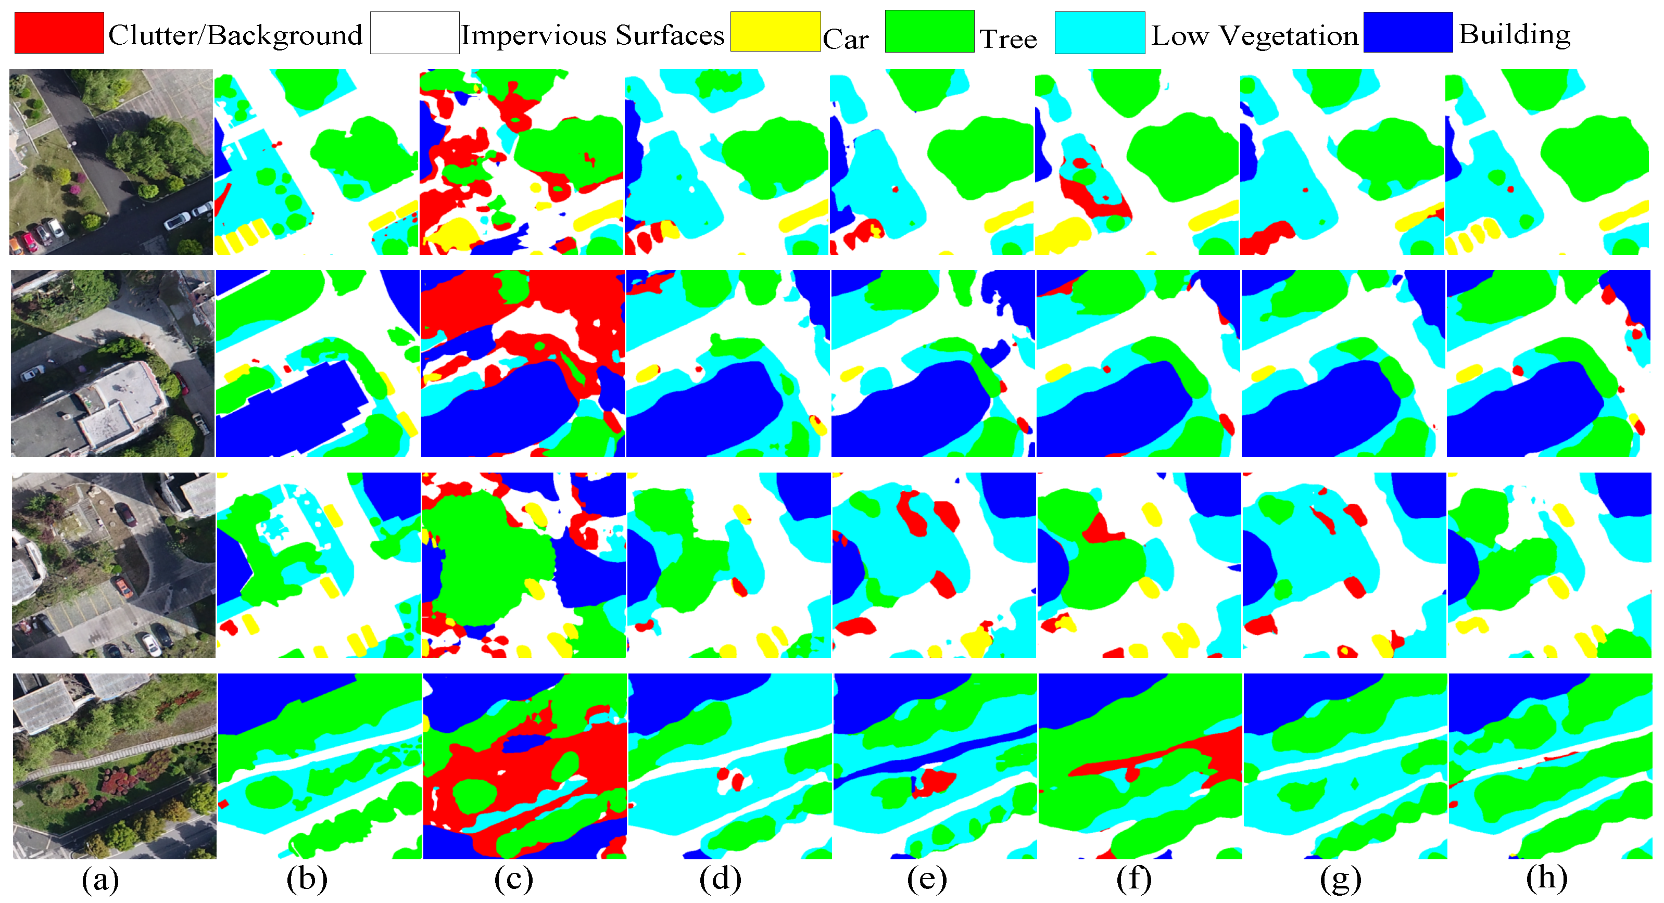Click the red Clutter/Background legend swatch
(x=59, y=32)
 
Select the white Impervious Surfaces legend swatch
(x=415, y=32)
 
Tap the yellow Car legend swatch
(x=775, y=32)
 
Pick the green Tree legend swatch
(x=929, y=31)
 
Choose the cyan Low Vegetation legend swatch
(x=1100, y=32)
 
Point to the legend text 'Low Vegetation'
(x=1254, y=35)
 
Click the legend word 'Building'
(x=1514, y=34)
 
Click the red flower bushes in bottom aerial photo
(x=116, y=778)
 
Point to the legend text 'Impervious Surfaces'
(x=593, y=35)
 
